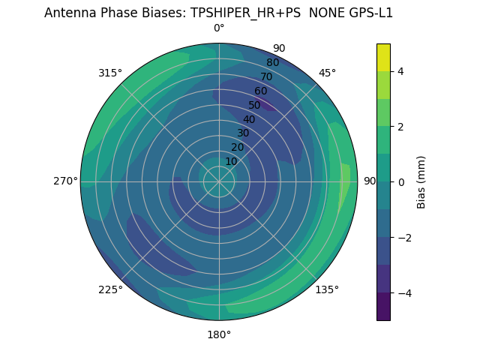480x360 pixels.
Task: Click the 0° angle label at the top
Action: click(x=219, y=28)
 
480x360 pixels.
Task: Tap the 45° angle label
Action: click(x=327, y=73)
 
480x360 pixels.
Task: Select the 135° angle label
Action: click(x=327, y=289)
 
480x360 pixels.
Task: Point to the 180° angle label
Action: click(x=219, y=334)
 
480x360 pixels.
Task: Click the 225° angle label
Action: click(x=110, y=289)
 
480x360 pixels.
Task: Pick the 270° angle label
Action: click(x=65, y=181)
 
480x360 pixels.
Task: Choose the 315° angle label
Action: click(x=110, y=73)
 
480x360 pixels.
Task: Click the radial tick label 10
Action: click(x=231, y=161)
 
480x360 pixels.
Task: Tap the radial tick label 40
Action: click(x=249, y=119)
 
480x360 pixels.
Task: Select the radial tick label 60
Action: click(x=260, y=91)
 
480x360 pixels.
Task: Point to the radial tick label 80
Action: click(x=272, y=63)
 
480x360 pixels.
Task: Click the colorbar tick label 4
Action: click(x=400, y=71)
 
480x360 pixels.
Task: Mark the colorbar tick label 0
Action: click(x=400, y=181)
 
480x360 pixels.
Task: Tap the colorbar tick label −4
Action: click(x=403, y=292)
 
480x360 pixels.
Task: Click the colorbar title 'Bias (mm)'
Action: click(x=421, y=181)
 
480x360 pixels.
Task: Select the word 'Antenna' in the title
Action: click(x=68, y=13)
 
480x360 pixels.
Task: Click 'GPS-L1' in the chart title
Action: click(x=367, y=13)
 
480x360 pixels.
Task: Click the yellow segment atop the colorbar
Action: click(x=383, y=57)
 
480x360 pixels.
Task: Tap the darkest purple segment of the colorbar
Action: click(x=383, y=306)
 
